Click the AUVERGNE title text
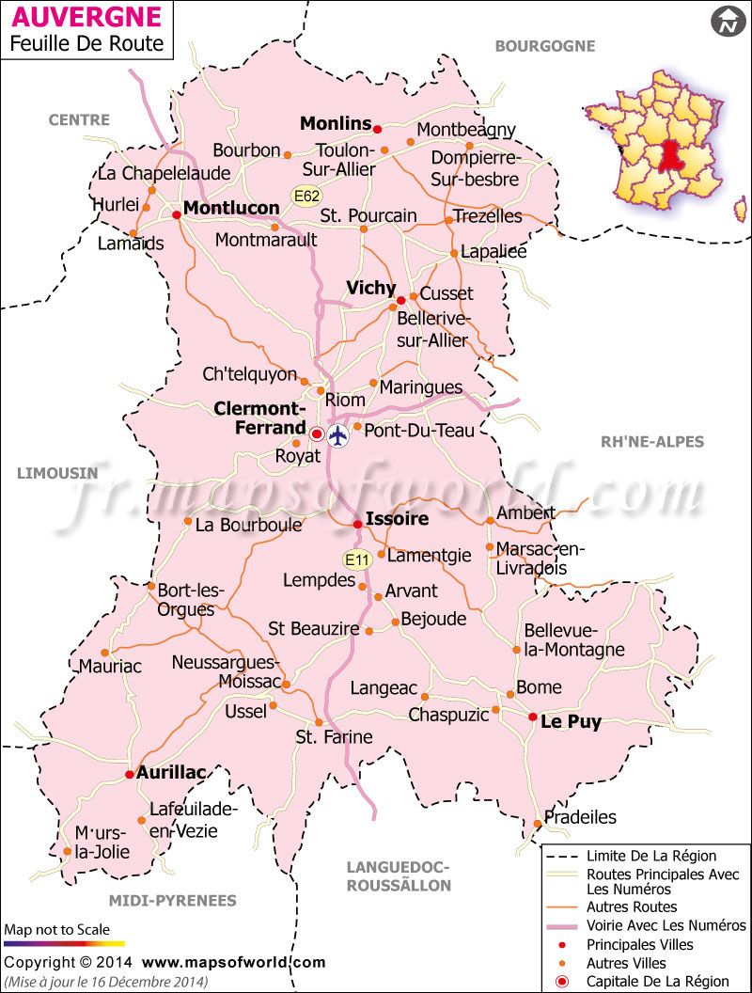coord(86,16)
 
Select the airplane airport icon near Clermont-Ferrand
coord(338,435)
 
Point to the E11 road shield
coord(357,560)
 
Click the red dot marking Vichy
coord(400,300)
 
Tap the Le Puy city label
coord(571,722)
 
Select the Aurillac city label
coord(171,772)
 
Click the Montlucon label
coord(231,208)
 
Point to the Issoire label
coord(398,518)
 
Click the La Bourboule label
coord(248,525)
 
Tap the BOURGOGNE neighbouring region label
coord(545,45)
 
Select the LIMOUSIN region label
coord(57,473)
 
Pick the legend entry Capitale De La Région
coord(657,981)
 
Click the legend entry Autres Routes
coord(632,906)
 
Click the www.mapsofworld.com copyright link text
coord(234,962)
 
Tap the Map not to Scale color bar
coord(64,942)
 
